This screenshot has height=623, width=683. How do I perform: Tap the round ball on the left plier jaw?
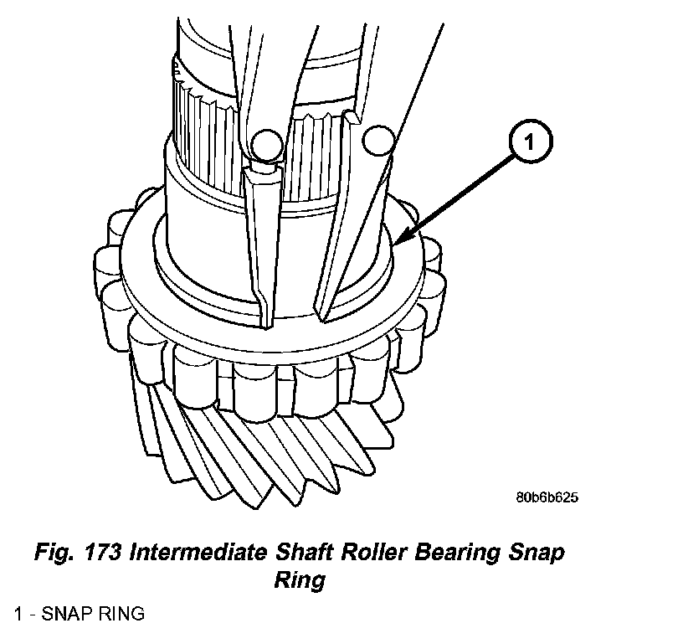tap(266, 144)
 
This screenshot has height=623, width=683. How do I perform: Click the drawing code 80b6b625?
tap(547, 497)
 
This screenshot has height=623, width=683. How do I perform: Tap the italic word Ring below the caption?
tap(299, 579)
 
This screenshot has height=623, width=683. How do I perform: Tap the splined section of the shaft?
tap(218, 134)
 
